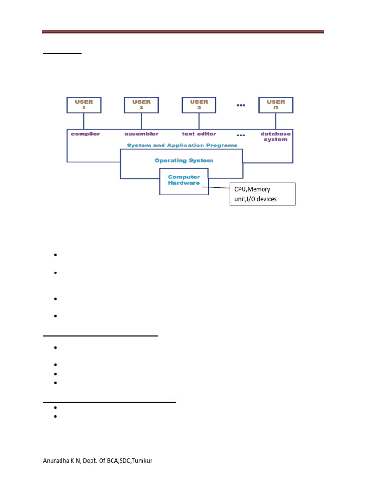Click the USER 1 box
tap(84, 105)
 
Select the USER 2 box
tap(142, 105)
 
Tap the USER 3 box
tap(199, 105)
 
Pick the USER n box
tap(275, 105)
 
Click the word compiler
tap(85, 134)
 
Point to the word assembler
tap(142, 134)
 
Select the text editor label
tap(199, 134)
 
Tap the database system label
tap(275, 137)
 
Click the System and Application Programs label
tap(182, 146)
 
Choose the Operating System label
tap(183, 161)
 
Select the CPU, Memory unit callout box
tap(262, 194)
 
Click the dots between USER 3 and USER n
tap(240, 105)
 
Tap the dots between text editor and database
tap(240, 135)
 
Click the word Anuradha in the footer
tap(56, 462)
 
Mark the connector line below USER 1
tap(84, 121)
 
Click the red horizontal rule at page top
tap(183, 32)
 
